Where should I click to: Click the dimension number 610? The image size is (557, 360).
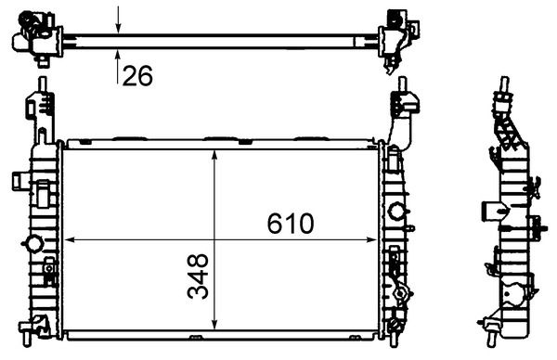(291, 224)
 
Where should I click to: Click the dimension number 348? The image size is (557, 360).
(197, 277)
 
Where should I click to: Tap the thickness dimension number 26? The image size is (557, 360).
(137, 77)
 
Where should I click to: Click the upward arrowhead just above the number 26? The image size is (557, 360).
(119, 52)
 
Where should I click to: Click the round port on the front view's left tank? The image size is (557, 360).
(33, 244)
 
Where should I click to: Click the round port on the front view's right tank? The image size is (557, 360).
(397, 211)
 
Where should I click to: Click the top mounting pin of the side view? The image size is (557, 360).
(506, 85)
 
